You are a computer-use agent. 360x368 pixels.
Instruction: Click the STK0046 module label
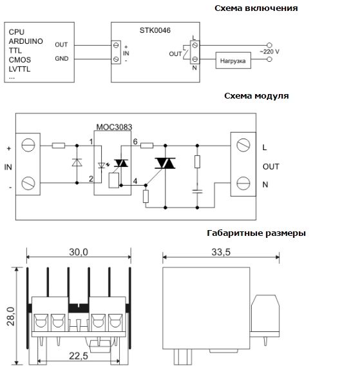click(155, 30)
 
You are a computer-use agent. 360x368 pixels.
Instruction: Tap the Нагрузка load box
click(233, 61)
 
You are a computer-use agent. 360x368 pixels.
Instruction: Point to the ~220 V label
click(269, 52)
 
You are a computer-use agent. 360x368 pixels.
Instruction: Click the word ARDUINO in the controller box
click(26, 41)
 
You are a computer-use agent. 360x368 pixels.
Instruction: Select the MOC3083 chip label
click(114, 127)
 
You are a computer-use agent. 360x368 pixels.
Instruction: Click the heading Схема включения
click(256, 8)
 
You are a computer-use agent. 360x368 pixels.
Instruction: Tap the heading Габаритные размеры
click(256, 233)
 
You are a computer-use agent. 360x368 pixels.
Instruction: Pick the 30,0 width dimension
click(79, 252)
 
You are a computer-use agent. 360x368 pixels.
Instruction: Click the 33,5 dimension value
click(221, 252)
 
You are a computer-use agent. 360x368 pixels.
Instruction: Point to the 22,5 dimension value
click(79, 356)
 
